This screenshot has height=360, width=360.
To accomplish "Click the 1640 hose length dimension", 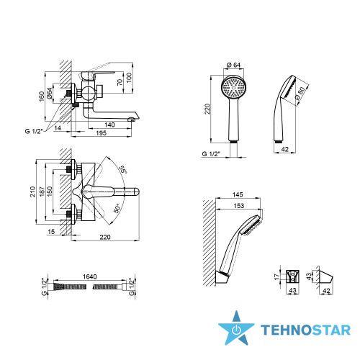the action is point(90,276).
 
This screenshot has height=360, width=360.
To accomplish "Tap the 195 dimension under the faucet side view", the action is point(101,133).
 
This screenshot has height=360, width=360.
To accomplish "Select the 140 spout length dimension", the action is point(109,125).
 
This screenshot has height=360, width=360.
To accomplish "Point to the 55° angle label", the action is point(122,169).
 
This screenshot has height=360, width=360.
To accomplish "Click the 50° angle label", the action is point(117,209).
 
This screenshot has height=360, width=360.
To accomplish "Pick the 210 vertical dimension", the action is point(32,192).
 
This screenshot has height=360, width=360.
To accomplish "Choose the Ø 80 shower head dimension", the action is point(300,93).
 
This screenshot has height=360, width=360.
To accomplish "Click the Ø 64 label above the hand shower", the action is point(233,65).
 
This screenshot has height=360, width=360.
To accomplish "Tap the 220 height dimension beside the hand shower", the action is point(207,109).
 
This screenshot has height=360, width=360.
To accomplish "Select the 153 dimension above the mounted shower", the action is point(239,206).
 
